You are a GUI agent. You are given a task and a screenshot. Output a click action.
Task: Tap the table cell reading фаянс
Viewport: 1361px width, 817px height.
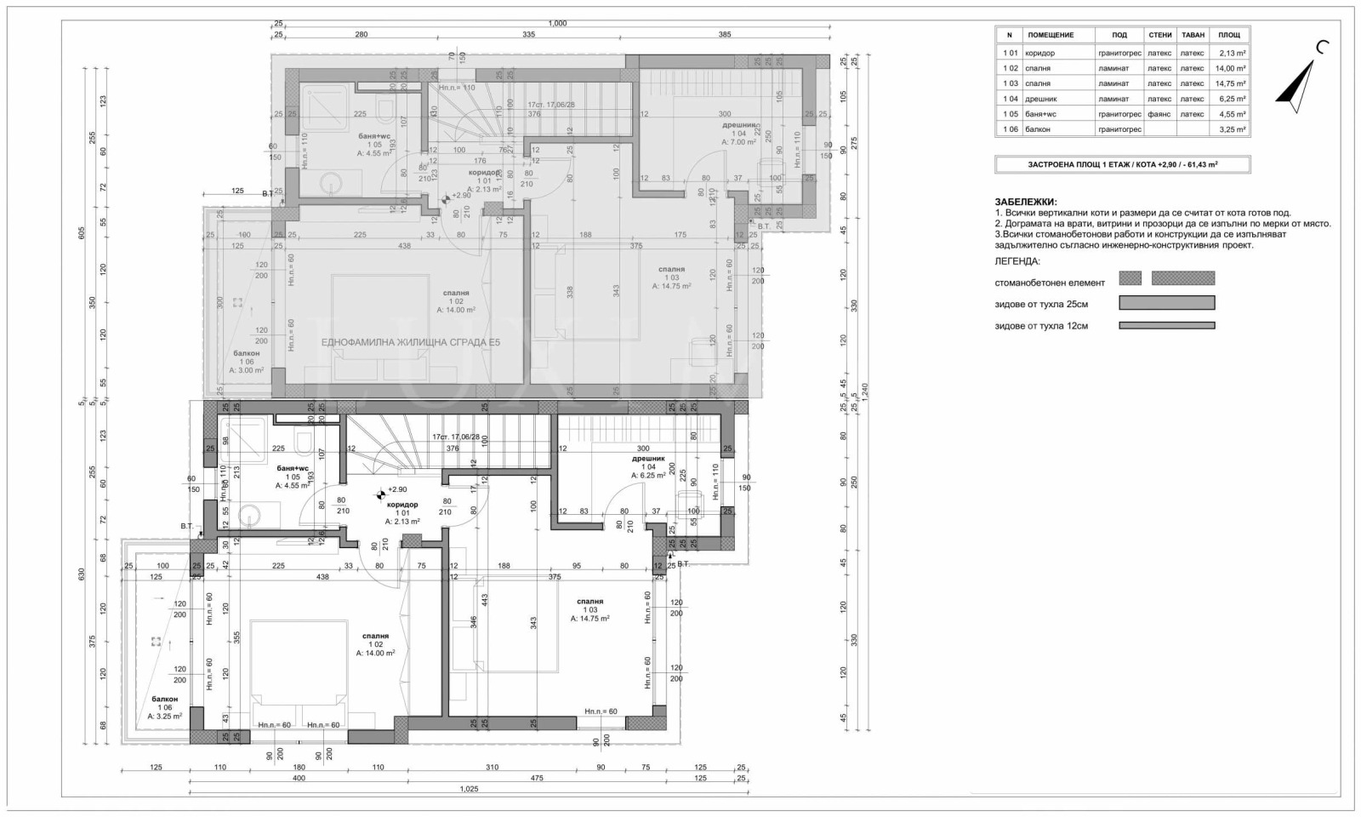pos(1159,114)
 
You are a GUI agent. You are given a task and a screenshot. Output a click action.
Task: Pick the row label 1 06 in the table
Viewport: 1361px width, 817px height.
pos(1010,129)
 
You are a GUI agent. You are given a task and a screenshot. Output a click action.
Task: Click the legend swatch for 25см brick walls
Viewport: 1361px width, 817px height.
pos(1166,303)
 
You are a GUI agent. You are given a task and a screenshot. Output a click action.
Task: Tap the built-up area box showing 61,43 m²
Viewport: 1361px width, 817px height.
pos(1122,164)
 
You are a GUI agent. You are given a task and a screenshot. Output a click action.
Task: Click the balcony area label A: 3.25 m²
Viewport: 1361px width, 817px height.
pos(164,717)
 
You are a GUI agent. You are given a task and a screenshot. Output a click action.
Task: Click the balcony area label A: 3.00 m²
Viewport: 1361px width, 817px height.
pos(246,371)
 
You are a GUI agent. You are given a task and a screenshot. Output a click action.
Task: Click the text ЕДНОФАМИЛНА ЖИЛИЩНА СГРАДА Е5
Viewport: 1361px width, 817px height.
pos(411,343)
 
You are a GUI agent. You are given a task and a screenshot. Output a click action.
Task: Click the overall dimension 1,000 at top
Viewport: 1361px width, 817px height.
pos(557,24)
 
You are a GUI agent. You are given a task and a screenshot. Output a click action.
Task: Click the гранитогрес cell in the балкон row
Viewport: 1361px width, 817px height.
pos(1119,129)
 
